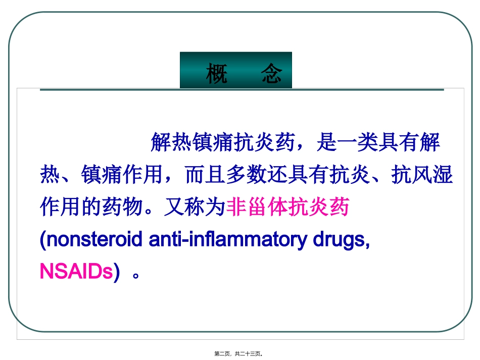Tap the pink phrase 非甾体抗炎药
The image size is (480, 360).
tap(288, 207)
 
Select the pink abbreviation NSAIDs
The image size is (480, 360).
tap(76, 272)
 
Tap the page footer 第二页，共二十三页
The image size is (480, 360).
tap(239, 354)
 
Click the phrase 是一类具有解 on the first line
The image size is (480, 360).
tap(378, 143)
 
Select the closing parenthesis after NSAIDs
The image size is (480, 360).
tap(117, 272)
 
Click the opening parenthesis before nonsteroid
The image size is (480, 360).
tap(42, 240)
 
